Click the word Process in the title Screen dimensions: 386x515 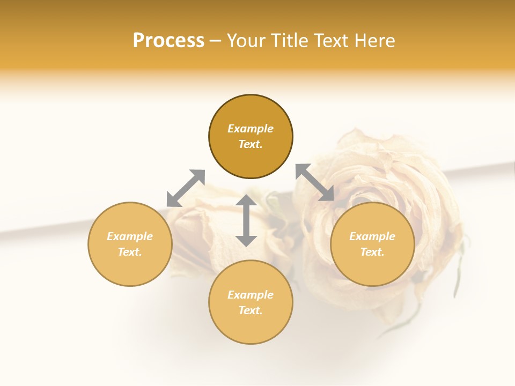168,41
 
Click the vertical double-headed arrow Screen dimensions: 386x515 246,220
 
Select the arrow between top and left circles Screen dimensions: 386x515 186,188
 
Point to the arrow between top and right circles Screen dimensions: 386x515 315,182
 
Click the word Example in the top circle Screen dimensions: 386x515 251,129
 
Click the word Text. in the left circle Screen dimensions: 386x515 130,252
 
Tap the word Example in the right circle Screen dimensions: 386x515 372,236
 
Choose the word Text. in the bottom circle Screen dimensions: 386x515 251,310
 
